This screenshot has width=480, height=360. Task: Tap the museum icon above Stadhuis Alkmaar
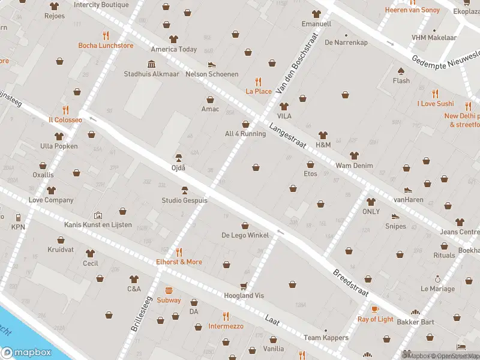point(151,64)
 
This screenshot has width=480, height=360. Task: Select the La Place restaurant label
point(259,91)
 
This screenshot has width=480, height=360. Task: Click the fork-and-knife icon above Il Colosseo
point(65,110)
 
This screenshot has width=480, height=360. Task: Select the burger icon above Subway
point(169,290)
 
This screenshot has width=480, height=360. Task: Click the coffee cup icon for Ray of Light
point(375,309)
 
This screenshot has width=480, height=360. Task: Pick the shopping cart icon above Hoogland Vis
point(244,286)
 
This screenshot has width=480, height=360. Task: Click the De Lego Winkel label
point(245,235)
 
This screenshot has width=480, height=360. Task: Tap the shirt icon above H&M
point(323,135)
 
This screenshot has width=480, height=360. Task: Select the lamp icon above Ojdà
point(178,158)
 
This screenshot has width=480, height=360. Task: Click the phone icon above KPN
point(18,217)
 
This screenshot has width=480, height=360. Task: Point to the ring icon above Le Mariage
point(437,279)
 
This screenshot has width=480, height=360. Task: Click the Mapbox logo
point(26,353)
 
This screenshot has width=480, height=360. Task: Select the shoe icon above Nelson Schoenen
point(211,64)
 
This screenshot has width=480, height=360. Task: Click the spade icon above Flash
point(401,71)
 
